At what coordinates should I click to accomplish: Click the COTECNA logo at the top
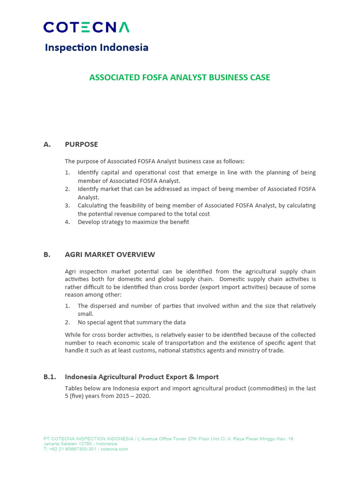(x=86, y=27)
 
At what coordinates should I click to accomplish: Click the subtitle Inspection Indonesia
(x=96, y=47)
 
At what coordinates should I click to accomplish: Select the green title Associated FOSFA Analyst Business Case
(x=180, y=77)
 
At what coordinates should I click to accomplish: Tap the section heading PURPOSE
(x=81, y=144)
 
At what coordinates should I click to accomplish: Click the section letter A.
(x=47, y=144)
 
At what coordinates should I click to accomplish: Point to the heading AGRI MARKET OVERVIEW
(x=110, y=255)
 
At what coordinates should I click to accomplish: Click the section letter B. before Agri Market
(x=47, y=255)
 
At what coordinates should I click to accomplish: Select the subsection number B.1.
(x=49, y=376)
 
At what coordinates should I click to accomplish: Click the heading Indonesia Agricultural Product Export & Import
(x=142, y=376)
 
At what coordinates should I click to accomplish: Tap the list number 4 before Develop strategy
(x=67, y=222)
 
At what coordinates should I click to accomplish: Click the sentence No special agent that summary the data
(x=131, y=322)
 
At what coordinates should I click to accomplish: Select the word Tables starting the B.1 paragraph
(x=74, y=389)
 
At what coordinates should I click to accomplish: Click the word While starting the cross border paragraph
(x=73, y=335)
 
